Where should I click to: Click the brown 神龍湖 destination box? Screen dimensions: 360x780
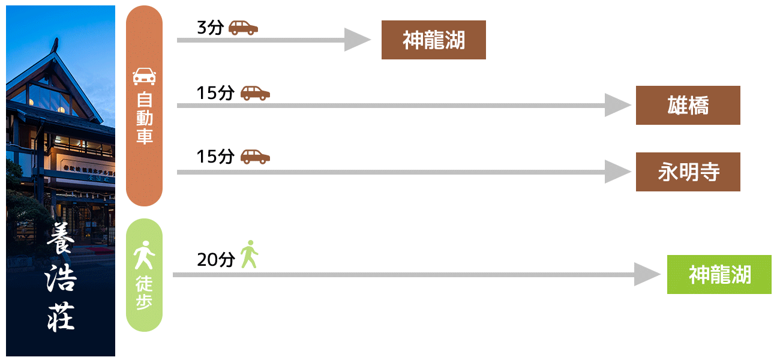tap(433, 40)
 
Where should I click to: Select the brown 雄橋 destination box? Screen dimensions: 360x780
tap(688, 106)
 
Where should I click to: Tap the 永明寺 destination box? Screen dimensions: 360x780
tap(688, 172)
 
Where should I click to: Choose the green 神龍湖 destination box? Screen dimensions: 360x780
tap(719, 275)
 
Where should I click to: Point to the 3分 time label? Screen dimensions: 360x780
tap(209, 28)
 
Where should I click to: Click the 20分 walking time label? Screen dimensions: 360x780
tap(215, 259)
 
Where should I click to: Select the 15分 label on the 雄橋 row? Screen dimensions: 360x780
tap(215, 93)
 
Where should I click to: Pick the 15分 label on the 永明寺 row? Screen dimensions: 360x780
tap(215, 157)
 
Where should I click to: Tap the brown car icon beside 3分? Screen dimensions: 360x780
tap(243, 28)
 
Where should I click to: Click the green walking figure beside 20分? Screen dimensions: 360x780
tap(249, 254)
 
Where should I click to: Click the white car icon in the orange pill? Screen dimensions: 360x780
tap(144, 76)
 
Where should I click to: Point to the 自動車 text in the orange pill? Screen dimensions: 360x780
tap(144, 118)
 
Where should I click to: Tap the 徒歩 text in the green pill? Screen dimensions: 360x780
tap(144, 293)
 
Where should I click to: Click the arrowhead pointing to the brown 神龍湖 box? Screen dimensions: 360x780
tap(358, 40)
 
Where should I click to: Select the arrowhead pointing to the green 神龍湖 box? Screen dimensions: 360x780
tap(647, 275)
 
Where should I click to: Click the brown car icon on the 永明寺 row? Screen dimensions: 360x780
tap(255, 157)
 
